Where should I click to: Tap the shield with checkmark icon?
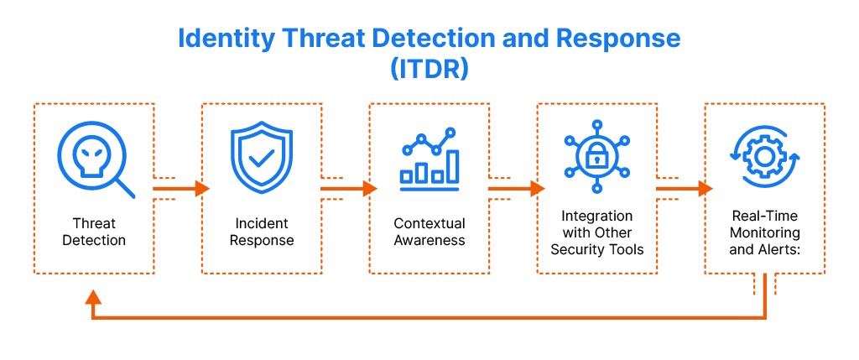pyautogui.click(x=262, y=158)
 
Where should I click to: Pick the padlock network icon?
pyautogui.click(x=596, y=156)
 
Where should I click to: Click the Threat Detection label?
pyautogui.click(x=94, y=232)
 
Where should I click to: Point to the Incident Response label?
pyautogui.click(x=263, y=232)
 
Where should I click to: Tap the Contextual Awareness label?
pyautogui.click(x=429, y=232)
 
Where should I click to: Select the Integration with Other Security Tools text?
pyautogui.click(x=597, y=232)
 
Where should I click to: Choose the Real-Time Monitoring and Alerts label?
pyautogui.click(x=765, y=232)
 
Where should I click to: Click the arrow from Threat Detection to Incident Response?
pyautogui.click(x=180, y=189)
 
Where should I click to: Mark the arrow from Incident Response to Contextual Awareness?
pyautogui.click(x=348, y=189)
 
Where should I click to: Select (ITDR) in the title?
pyautogui.click(x=429, y=69)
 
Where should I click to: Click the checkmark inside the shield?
pyautogui.click(x=262, y=157)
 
